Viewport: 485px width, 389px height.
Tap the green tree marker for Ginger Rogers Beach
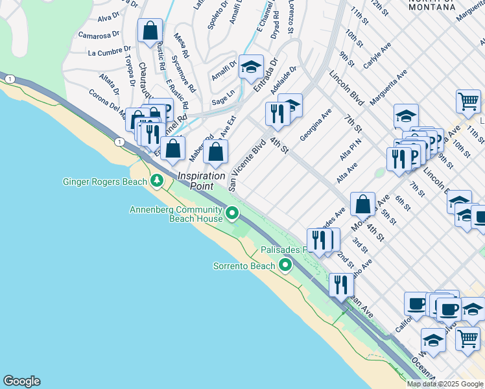pyautogui.click(x=156, y=180)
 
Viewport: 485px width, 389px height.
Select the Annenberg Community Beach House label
pyautogui.click(x=176, y=214)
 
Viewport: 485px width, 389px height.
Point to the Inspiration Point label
pyautogui.click(x=202, y=180)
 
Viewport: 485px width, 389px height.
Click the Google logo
pyautogui.click(x=21, y=381)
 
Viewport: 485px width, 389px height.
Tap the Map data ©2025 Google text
pyautogui.click(x=445, y=384)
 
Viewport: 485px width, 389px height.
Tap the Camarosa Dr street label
pyautogui.click(x=99, y=34)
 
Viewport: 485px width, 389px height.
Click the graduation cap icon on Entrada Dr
pyautogui.click(x=251, y=67)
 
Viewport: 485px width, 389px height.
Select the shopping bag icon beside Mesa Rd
pyautogui.click(x=150, y=30)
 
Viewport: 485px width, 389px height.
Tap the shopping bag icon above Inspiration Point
pyautogui.click(x=216, y=152)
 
